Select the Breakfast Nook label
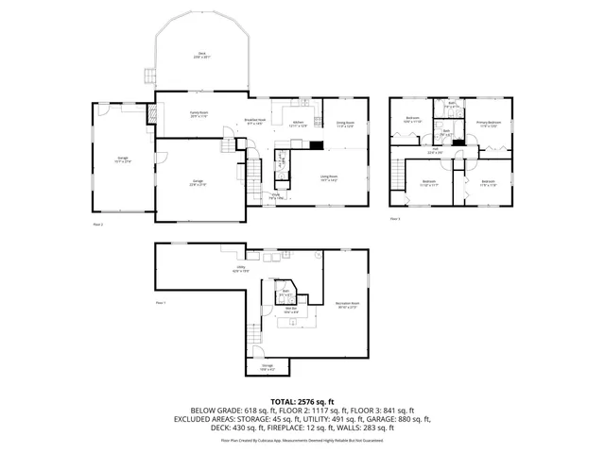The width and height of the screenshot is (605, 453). (x=254, y=121)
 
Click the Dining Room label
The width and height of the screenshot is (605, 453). (x=346, y=124)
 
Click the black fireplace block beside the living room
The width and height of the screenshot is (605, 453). (x=312, y=144)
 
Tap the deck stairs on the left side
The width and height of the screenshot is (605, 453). (x=147, y=76)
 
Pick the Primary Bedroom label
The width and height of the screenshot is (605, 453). (x=489, y=124)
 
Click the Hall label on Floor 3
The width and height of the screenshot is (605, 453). (x=436, y=150)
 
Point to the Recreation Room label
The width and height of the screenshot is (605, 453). (x=348, y=305)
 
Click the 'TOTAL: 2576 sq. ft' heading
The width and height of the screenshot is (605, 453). (x=302, y=401)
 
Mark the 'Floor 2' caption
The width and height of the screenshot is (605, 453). (x=97, y=225)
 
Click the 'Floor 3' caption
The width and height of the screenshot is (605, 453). (x=395, y=219)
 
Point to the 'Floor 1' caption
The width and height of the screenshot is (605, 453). (x=160, y=302)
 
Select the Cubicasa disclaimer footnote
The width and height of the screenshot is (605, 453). (x=302, y=440)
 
